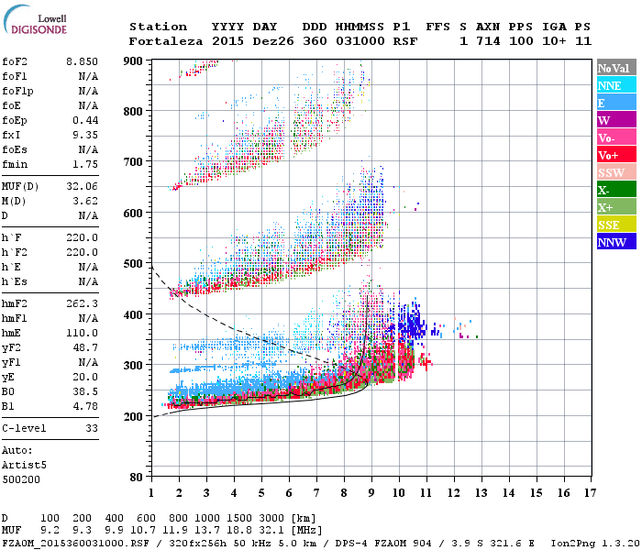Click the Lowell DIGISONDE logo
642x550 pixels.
(x=32, y=23)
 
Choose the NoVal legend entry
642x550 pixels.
(x=614, y=68)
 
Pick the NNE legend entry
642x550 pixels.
(x=614, y=85)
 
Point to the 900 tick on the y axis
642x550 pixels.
(x=133, y=60)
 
